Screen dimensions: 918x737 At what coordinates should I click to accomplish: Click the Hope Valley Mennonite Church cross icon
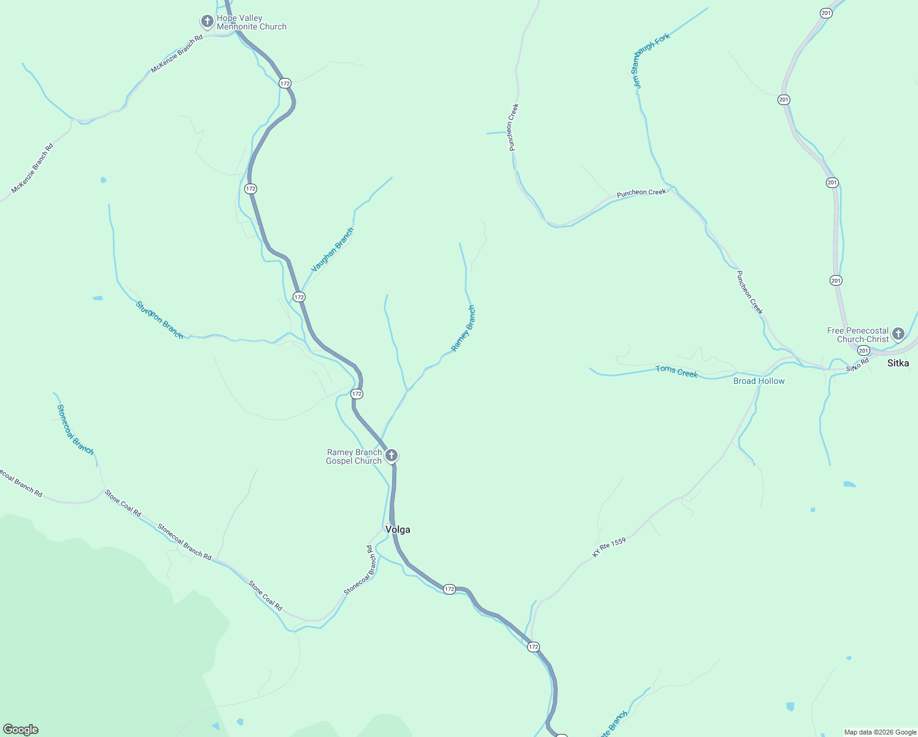click(207, 22)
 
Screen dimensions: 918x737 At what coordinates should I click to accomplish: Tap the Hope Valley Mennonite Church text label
click(252, 23)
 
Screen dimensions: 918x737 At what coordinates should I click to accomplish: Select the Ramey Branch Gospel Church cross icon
click(391, 456)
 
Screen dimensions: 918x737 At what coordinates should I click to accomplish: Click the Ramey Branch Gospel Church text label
click(353, 456)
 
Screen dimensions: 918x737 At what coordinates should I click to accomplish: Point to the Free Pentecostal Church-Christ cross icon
click(898, 334)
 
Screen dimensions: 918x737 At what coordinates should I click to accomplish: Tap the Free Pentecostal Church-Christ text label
click(858, 335)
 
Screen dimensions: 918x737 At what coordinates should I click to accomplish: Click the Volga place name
click(398, 529)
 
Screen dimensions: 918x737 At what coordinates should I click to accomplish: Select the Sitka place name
click(898, 363)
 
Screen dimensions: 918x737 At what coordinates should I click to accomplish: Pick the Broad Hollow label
click(759, 381)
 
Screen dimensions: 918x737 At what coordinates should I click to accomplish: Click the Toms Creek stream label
click(676, 371)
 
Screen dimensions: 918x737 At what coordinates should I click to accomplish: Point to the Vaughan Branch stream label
click(333, 250)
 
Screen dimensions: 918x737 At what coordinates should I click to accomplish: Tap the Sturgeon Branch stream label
click(160, 319)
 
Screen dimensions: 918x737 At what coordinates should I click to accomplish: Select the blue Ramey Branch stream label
click(463, 329)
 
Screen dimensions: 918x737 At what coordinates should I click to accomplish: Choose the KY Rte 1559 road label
click(609, 548)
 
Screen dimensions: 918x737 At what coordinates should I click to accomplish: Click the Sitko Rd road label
click(858, 365)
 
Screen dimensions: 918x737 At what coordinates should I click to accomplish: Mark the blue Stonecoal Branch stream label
click(75, 429)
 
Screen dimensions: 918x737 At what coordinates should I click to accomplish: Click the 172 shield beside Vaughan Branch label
click(299, 297)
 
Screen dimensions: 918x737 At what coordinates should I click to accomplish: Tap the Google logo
click(21, 730)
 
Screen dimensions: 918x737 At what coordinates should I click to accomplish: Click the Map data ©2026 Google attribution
click(880, 732)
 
